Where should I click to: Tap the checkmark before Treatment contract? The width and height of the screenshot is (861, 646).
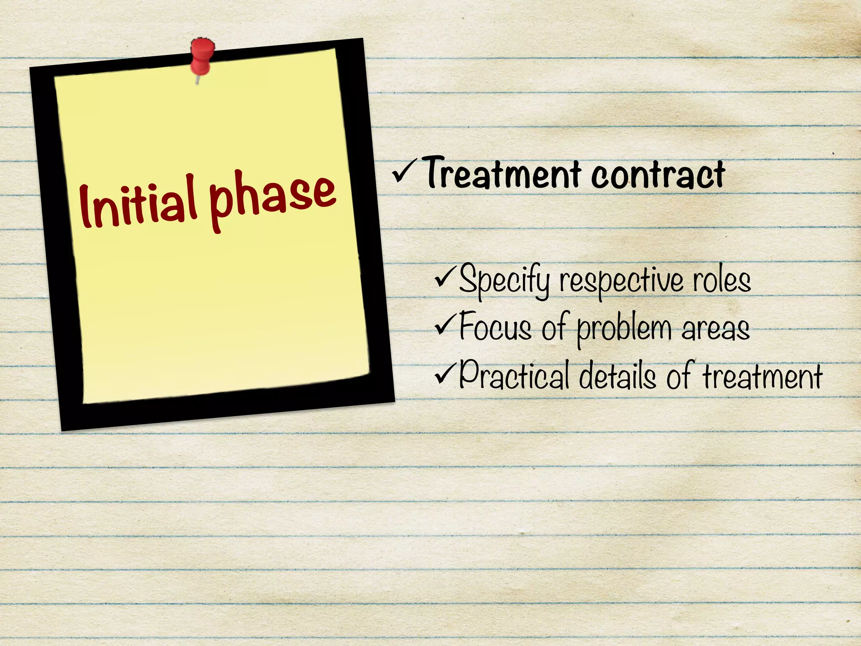[404, 172]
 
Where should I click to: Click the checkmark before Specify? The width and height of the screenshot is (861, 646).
[446, 278]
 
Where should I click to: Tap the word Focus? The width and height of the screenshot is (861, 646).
[495, 327]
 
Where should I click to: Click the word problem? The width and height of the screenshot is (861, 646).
[624, 329]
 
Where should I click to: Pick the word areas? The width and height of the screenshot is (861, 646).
[716, 328]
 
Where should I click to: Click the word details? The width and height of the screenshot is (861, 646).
[617, 376]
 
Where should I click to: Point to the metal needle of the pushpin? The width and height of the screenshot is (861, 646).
[197, 79]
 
